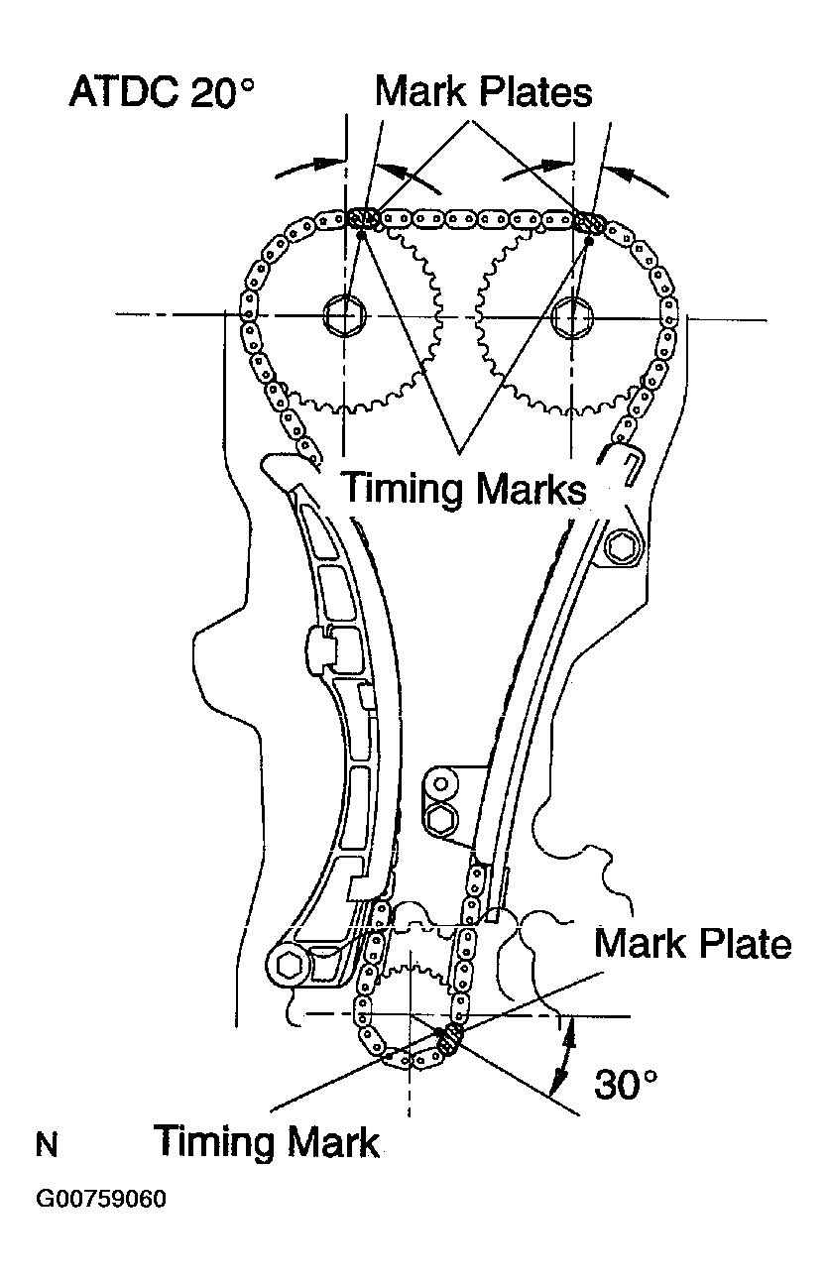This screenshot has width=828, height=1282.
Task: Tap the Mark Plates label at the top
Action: (x=483, y=91)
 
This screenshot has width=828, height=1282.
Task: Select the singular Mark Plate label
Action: (x=693, y=943)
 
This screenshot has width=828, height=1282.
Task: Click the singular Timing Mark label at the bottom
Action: (x=267, y=1141)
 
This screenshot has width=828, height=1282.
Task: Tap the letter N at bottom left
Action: (x=47, y=1146)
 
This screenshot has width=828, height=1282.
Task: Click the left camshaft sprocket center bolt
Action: (x=344, y=315)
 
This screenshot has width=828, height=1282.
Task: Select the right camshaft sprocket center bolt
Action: (x=573, y=315)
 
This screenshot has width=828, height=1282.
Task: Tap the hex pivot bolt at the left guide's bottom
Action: (x=290, y=963)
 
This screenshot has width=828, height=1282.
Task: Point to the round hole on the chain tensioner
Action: (x=441, y=784)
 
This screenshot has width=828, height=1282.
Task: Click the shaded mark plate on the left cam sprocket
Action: (x=364, y=218)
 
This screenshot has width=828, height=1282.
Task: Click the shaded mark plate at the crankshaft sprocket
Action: (x=451, y=1038)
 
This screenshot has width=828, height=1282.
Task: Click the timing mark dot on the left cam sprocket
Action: (x=363, y=235)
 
